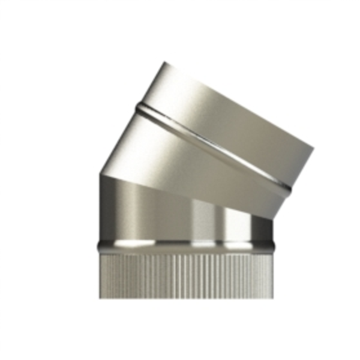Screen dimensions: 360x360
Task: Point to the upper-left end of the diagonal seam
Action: pyautogui.click(x=138, y=108)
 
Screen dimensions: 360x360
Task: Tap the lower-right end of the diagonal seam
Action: pyautogui.click(x=290, y=189)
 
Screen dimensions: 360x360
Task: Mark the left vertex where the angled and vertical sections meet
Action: pyautogui.click(x=100, y=174)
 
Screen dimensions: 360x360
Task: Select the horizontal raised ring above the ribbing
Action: pyautogui.click(x=186, y=245)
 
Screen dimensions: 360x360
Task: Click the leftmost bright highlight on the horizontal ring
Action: pyautogui.click(x=133, y=244)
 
